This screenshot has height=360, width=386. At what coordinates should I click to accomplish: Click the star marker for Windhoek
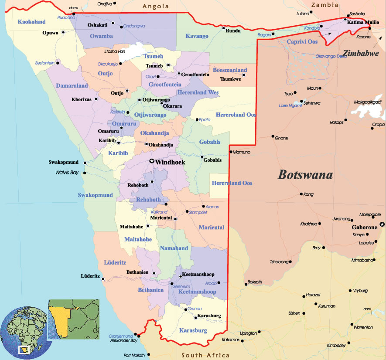[152, 162]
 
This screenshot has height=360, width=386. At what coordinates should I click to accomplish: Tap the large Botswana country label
[305, 175]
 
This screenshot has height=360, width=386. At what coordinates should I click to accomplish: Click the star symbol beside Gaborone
[382, 224]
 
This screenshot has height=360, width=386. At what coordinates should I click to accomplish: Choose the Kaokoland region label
[32, 21]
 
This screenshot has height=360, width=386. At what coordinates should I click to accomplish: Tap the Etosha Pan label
[115, 51]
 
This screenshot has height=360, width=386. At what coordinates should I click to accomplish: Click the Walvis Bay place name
[67, 173]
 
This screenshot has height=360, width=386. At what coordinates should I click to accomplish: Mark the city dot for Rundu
[223, 29]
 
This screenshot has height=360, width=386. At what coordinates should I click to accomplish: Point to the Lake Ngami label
[290, 105]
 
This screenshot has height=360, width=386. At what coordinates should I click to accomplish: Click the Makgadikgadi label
[368, 102]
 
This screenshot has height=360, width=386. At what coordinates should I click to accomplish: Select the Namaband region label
[174, 248]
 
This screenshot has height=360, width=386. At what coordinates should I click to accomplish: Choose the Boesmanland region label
[229, 70]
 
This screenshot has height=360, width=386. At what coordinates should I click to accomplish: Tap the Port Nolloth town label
[134, 355]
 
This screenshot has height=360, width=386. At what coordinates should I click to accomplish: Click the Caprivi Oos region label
[302, 41]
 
